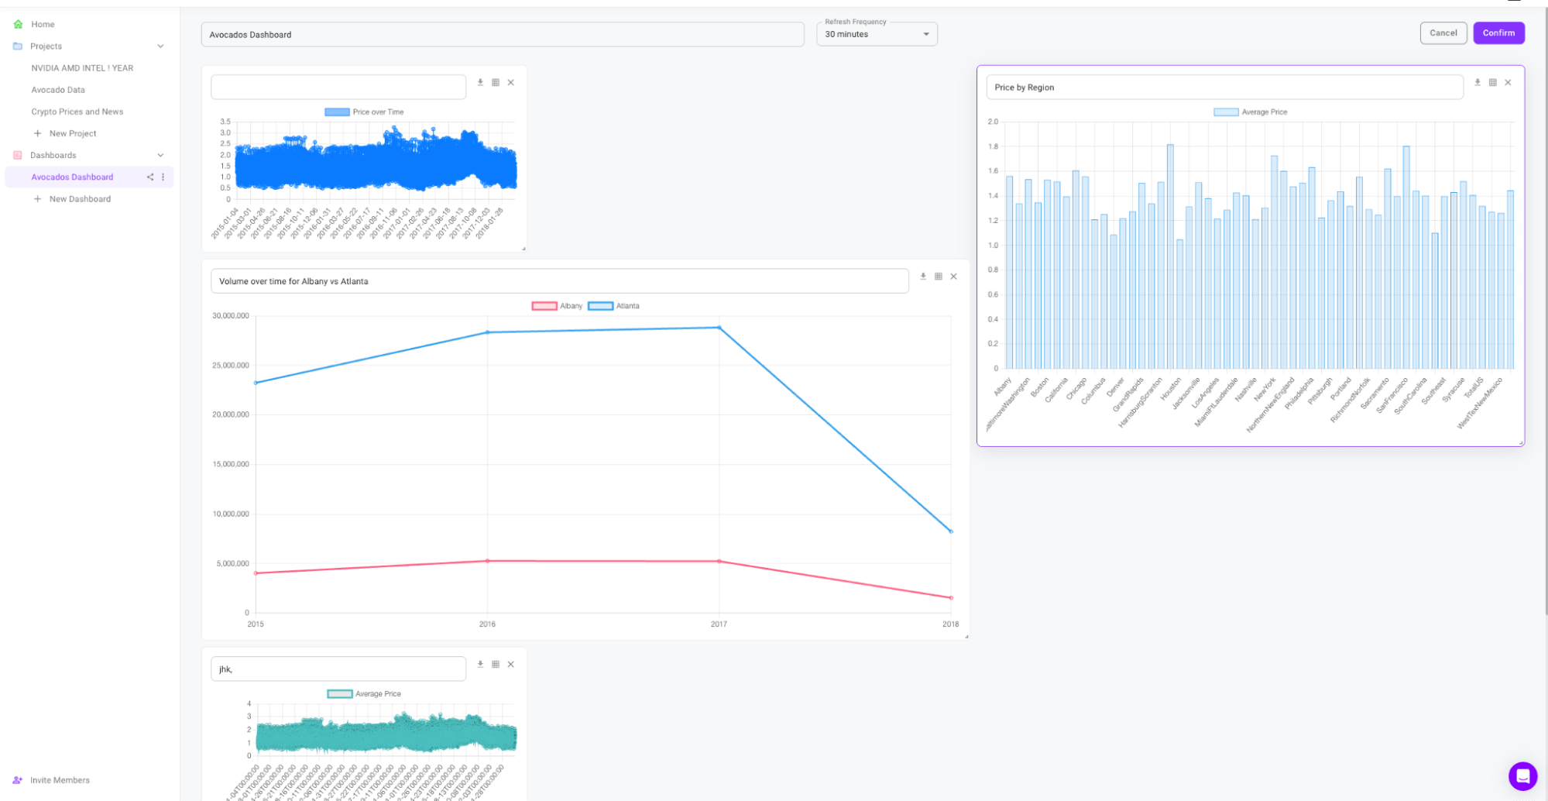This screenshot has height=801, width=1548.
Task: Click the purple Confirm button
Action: [1498, 33]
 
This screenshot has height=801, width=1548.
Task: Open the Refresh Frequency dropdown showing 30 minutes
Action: [876, 34]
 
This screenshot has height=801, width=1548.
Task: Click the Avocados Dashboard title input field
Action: [502, 35]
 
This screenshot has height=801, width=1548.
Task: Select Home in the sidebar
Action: [43, 24]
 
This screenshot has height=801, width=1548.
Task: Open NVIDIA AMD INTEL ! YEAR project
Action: [82, 68]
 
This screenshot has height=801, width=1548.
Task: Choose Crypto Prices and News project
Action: [77, 112]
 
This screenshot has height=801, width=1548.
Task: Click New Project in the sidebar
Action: [73, 133]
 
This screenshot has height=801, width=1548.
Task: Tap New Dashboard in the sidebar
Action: [80, 199]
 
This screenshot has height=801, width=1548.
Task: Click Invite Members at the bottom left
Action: [60, 780]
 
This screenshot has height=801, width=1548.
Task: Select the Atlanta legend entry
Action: [614, 306]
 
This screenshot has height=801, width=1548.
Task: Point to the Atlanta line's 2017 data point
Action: [719, 328]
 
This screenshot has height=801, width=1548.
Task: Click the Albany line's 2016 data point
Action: [487, 561]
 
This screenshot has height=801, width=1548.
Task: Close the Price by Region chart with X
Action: [1508, 82]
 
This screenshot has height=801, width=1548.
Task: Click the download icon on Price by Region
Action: [1477, 82]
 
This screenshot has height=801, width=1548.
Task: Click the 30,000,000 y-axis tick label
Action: [231, 316]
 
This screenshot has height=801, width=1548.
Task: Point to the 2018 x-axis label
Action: [950, 624]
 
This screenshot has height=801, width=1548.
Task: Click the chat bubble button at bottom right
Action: [1522, 775]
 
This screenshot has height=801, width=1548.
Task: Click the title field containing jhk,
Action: [338, 669]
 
